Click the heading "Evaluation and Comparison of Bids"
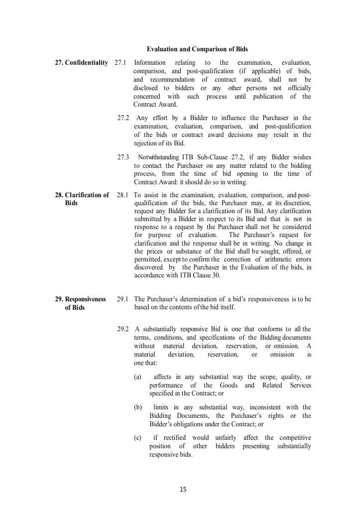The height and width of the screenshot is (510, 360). tap(197, 49)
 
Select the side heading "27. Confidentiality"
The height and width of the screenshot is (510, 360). tap(81, 62)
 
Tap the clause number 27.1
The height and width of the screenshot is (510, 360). tap(120, 62)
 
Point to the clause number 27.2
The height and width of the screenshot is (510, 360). tap(123, 118)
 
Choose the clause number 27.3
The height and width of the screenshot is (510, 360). tap(123, 157)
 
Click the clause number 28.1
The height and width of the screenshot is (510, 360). tap(122, 195)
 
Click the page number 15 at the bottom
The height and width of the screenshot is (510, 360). tap(183, 489)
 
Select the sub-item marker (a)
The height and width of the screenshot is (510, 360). tap(138, 377)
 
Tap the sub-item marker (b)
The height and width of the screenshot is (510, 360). tap(138, 407)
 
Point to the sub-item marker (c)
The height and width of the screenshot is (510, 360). tap(138, 437)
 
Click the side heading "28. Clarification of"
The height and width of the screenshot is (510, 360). tap(82, 195)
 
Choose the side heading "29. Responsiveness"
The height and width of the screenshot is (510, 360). tap(80, 299)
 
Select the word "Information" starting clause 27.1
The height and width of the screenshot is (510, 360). tap(150, 62)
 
